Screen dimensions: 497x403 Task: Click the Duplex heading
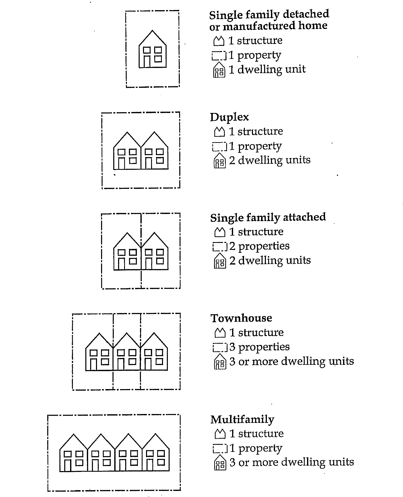[x=229, y=117]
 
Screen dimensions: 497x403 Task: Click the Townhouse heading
[x=241, y=318]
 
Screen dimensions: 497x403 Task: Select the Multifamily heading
[x=242, y=420]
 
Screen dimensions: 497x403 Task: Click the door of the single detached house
[x=147, y=61]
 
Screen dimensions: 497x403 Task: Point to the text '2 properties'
[x=259, y=246]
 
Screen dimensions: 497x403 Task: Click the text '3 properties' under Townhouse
[x=259, y=347]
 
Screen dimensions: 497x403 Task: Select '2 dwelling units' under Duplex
[x=270, y=160]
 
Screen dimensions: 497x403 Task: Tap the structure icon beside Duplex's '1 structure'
[x=220, y=131]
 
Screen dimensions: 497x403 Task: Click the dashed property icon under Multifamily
[x=220, y=449]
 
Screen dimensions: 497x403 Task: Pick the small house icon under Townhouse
[x=220, y=362]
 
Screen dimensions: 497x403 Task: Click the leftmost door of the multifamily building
[x=68, y=465]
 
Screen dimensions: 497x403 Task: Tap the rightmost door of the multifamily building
[x=150, y=465]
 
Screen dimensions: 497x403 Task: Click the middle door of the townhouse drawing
[x=121, y=365]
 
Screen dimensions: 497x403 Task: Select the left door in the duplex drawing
[x=122, y=163]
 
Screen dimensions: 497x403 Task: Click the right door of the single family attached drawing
[x=149, y=264]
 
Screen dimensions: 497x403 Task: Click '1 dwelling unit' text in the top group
[x=267, y=70]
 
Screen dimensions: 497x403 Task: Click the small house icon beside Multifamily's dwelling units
[x=220, y=463]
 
